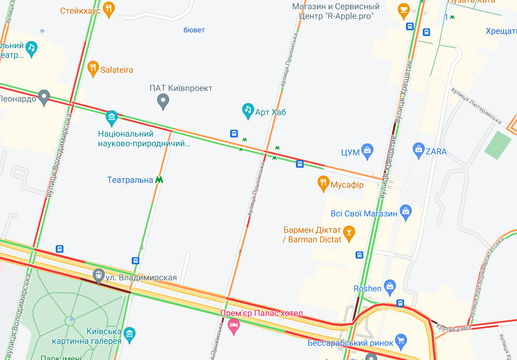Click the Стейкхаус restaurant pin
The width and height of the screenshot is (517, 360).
(x=109, y=9)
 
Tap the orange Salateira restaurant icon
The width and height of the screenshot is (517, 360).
(x=94, y=69)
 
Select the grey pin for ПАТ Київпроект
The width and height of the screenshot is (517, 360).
(x=163, y=101)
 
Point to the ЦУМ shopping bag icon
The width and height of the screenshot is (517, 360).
(x=368, y=151)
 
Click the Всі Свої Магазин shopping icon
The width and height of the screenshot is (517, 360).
(x=406, y=211)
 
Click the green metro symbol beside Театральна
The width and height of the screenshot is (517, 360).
(x=159, y=180)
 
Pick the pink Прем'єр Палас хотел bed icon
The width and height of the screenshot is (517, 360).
(x=234, y=326)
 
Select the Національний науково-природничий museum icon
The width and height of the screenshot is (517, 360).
(x=112, y=116)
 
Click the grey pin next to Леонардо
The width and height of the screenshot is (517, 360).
(x=44, y=97)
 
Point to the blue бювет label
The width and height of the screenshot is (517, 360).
(x=194, y=30)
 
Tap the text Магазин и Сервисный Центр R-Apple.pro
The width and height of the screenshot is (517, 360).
(x=336, y=12)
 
